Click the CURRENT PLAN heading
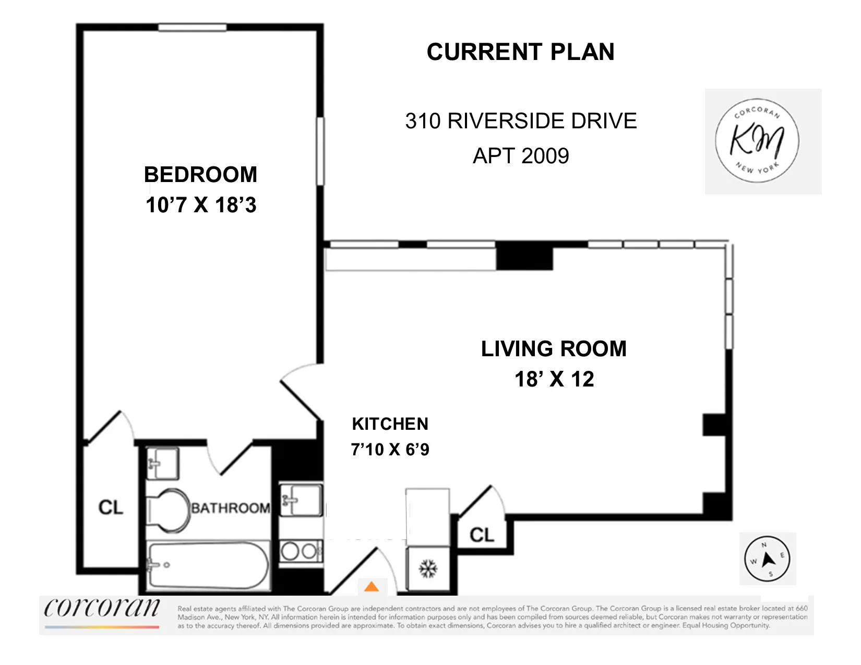coord(520,52)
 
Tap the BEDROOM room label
coord(201,175)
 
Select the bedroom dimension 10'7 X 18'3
coord(201,205)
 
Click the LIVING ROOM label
coord(554,349)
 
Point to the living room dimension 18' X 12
coord(554,379)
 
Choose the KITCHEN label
coord(390,424)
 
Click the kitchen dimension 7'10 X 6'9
coord(390,449)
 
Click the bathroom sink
coord(162,463)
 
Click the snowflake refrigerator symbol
coord(428,569)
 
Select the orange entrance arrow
coord(372,587)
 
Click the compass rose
coord(767,559)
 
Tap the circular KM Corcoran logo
coord(757,140)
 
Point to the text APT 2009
coord(521,156)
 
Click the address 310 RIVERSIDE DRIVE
coord(521,121)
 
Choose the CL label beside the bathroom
coord(111,507)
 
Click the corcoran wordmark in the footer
coord(102,608)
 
